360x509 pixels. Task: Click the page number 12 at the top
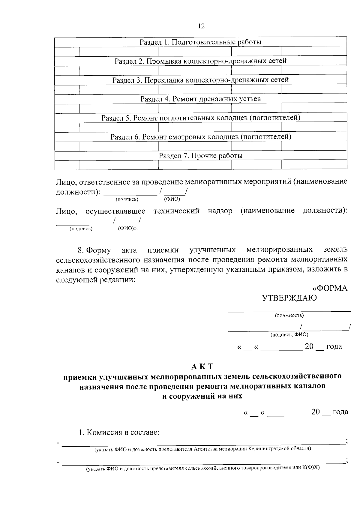[x=201, y=26]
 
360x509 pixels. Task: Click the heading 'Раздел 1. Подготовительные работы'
[x=200, y=42]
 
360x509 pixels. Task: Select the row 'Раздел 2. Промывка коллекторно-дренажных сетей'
[x=200, y=61]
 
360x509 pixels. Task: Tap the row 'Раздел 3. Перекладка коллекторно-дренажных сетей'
[x=200, y=80]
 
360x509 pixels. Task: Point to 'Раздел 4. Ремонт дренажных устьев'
[x=200, y=99]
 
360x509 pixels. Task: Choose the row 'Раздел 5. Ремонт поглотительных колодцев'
[x=200, y=118]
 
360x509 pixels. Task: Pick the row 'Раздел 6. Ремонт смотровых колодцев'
[x=200, y=137]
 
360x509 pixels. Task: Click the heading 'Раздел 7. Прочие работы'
[x=200, y=156]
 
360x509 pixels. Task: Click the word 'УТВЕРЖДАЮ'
[x=289, y=298]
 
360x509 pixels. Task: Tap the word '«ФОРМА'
[x=330, y=288]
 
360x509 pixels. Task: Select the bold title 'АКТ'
[x=202, y=367]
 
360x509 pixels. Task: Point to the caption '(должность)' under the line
[x=289, y=316]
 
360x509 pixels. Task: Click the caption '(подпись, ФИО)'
[x=289, y=334]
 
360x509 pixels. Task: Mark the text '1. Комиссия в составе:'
[x=119, y=433]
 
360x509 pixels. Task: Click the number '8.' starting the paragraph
[x=80, y=250]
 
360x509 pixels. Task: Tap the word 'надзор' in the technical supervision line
[x=220, y=211]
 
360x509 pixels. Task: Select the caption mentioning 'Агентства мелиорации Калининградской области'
[x=203, y=449]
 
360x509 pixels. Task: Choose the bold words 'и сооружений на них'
[x=202, y=396]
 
